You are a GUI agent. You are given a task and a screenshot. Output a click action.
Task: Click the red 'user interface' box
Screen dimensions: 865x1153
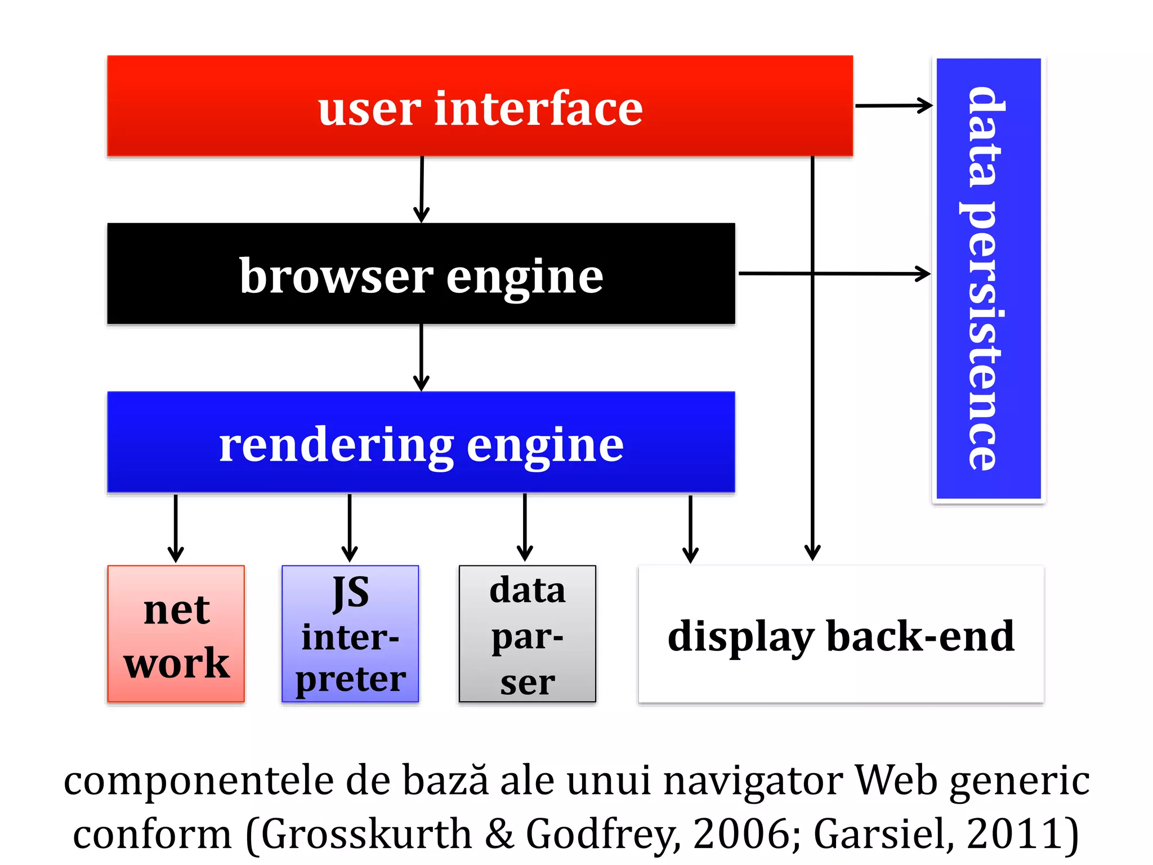(x=480, y=106)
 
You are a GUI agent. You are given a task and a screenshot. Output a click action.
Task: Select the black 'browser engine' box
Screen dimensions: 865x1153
(x=421, y=274)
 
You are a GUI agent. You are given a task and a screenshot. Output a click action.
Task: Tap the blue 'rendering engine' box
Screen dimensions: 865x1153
(x=421, y=443)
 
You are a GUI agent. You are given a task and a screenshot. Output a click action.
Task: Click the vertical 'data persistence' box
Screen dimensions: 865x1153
(x=988, y=278)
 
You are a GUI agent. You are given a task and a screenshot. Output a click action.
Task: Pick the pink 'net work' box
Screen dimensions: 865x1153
(x=176, y=634)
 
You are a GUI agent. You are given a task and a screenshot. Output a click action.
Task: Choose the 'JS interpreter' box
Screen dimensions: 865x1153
(x=350, y=634)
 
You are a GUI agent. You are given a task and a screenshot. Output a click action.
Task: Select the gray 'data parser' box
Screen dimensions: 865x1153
(x=527, y=634)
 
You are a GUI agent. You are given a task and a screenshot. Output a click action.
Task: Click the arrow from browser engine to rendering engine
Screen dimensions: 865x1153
(x=421, y=357)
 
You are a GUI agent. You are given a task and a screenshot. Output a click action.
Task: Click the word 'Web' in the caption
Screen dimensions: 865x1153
(x=895, y=781)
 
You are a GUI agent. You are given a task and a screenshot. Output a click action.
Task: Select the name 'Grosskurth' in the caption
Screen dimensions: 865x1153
(x=366, y=833)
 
